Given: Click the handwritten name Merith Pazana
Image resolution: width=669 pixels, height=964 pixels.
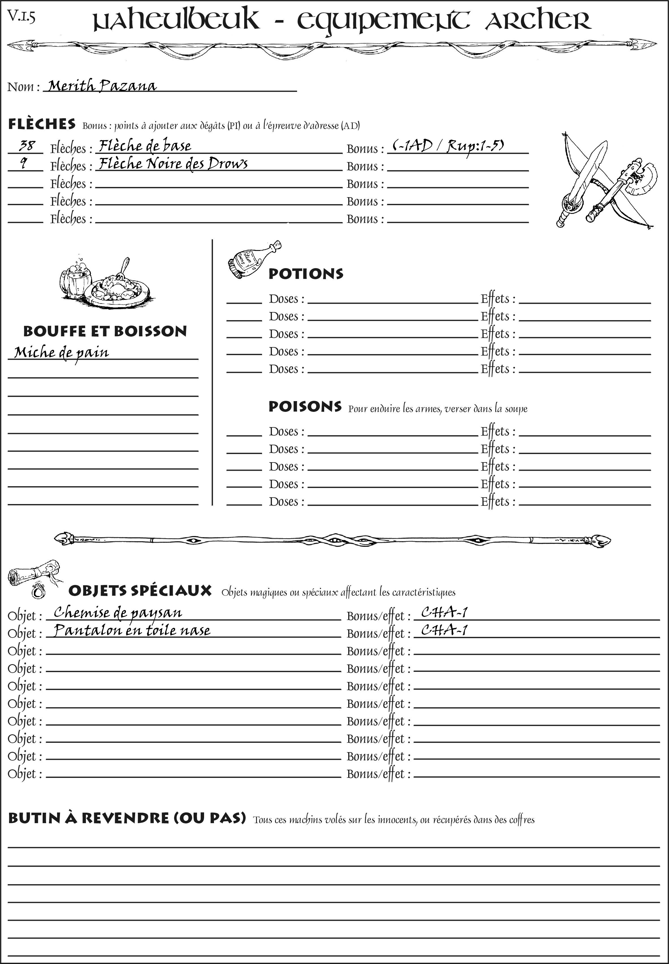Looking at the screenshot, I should point(102,86).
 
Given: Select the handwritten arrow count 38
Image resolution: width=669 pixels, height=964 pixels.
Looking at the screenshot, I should point(27,146).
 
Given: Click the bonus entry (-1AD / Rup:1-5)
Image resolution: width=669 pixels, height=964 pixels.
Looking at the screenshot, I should point(448,146).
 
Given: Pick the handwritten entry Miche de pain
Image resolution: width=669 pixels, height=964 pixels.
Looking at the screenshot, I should point(61,352).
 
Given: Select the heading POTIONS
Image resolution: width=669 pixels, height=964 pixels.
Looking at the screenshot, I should point(306,274).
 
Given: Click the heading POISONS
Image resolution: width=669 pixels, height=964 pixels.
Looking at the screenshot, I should point(305,406).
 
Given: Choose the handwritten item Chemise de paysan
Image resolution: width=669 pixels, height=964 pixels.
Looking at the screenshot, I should point(118,612).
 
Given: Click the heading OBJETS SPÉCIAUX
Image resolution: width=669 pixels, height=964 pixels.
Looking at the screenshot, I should point(140,591).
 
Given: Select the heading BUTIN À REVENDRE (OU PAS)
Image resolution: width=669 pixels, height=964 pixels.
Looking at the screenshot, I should point(127,818).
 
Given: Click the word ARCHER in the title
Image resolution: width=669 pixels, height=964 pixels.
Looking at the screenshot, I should point(538,20).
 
